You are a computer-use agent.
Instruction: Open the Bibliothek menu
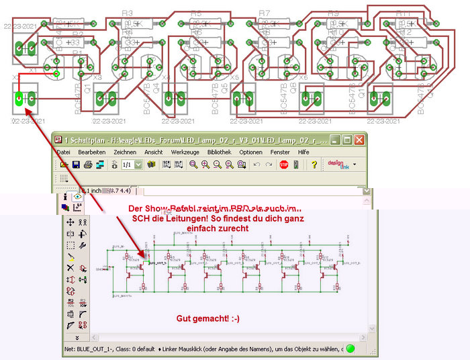(220, 152)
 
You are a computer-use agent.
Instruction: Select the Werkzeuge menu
(185, 152)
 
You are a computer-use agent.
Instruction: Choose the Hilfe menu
(303, 152)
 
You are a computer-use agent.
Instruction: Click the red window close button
(360, 140)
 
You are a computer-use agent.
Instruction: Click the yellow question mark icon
(314, 165)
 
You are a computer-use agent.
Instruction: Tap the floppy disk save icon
(77, 165)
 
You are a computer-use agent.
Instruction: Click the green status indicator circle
(350, 350)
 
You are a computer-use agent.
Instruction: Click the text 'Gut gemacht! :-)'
(207, 318)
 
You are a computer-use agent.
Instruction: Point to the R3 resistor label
(128, 13)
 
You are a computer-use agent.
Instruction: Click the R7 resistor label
(264, 13)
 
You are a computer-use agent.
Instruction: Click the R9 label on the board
(333, 13)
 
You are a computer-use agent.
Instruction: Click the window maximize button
(346, 140)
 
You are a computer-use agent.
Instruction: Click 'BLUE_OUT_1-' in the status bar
(91, 350)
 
